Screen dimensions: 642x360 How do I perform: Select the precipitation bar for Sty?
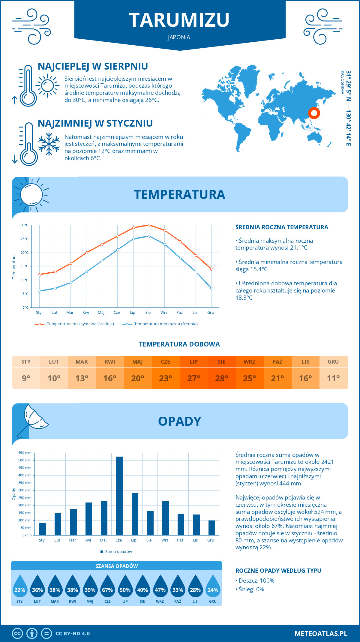tap(43, 529)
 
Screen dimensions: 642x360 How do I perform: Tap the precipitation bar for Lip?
tap(135, 514)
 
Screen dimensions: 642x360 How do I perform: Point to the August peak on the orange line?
tap(149, 225)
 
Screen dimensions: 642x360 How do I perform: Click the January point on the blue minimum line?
tap(40, 291)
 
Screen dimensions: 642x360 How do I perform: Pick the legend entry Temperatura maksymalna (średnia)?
tap(75, 324)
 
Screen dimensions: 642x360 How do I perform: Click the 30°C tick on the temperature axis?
tap(25, 225)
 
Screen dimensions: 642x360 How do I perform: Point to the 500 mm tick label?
tap(25, 460)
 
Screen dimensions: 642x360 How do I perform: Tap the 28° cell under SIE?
tap(221, 378)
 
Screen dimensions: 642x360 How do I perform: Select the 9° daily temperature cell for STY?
tap(26, 378)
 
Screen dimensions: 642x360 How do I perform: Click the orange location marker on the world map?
tap(314, 113)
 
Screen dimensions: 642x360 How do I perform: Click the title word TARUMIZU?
tap(179, 20)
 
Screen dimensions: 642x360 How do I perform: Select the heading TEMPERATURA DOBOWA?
tap(179, 344)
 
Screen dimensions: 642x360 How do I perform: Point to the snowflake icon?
tap(49, 144)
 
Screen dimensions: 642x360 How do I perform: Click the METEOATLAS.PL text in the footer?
tap(321, 633)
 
